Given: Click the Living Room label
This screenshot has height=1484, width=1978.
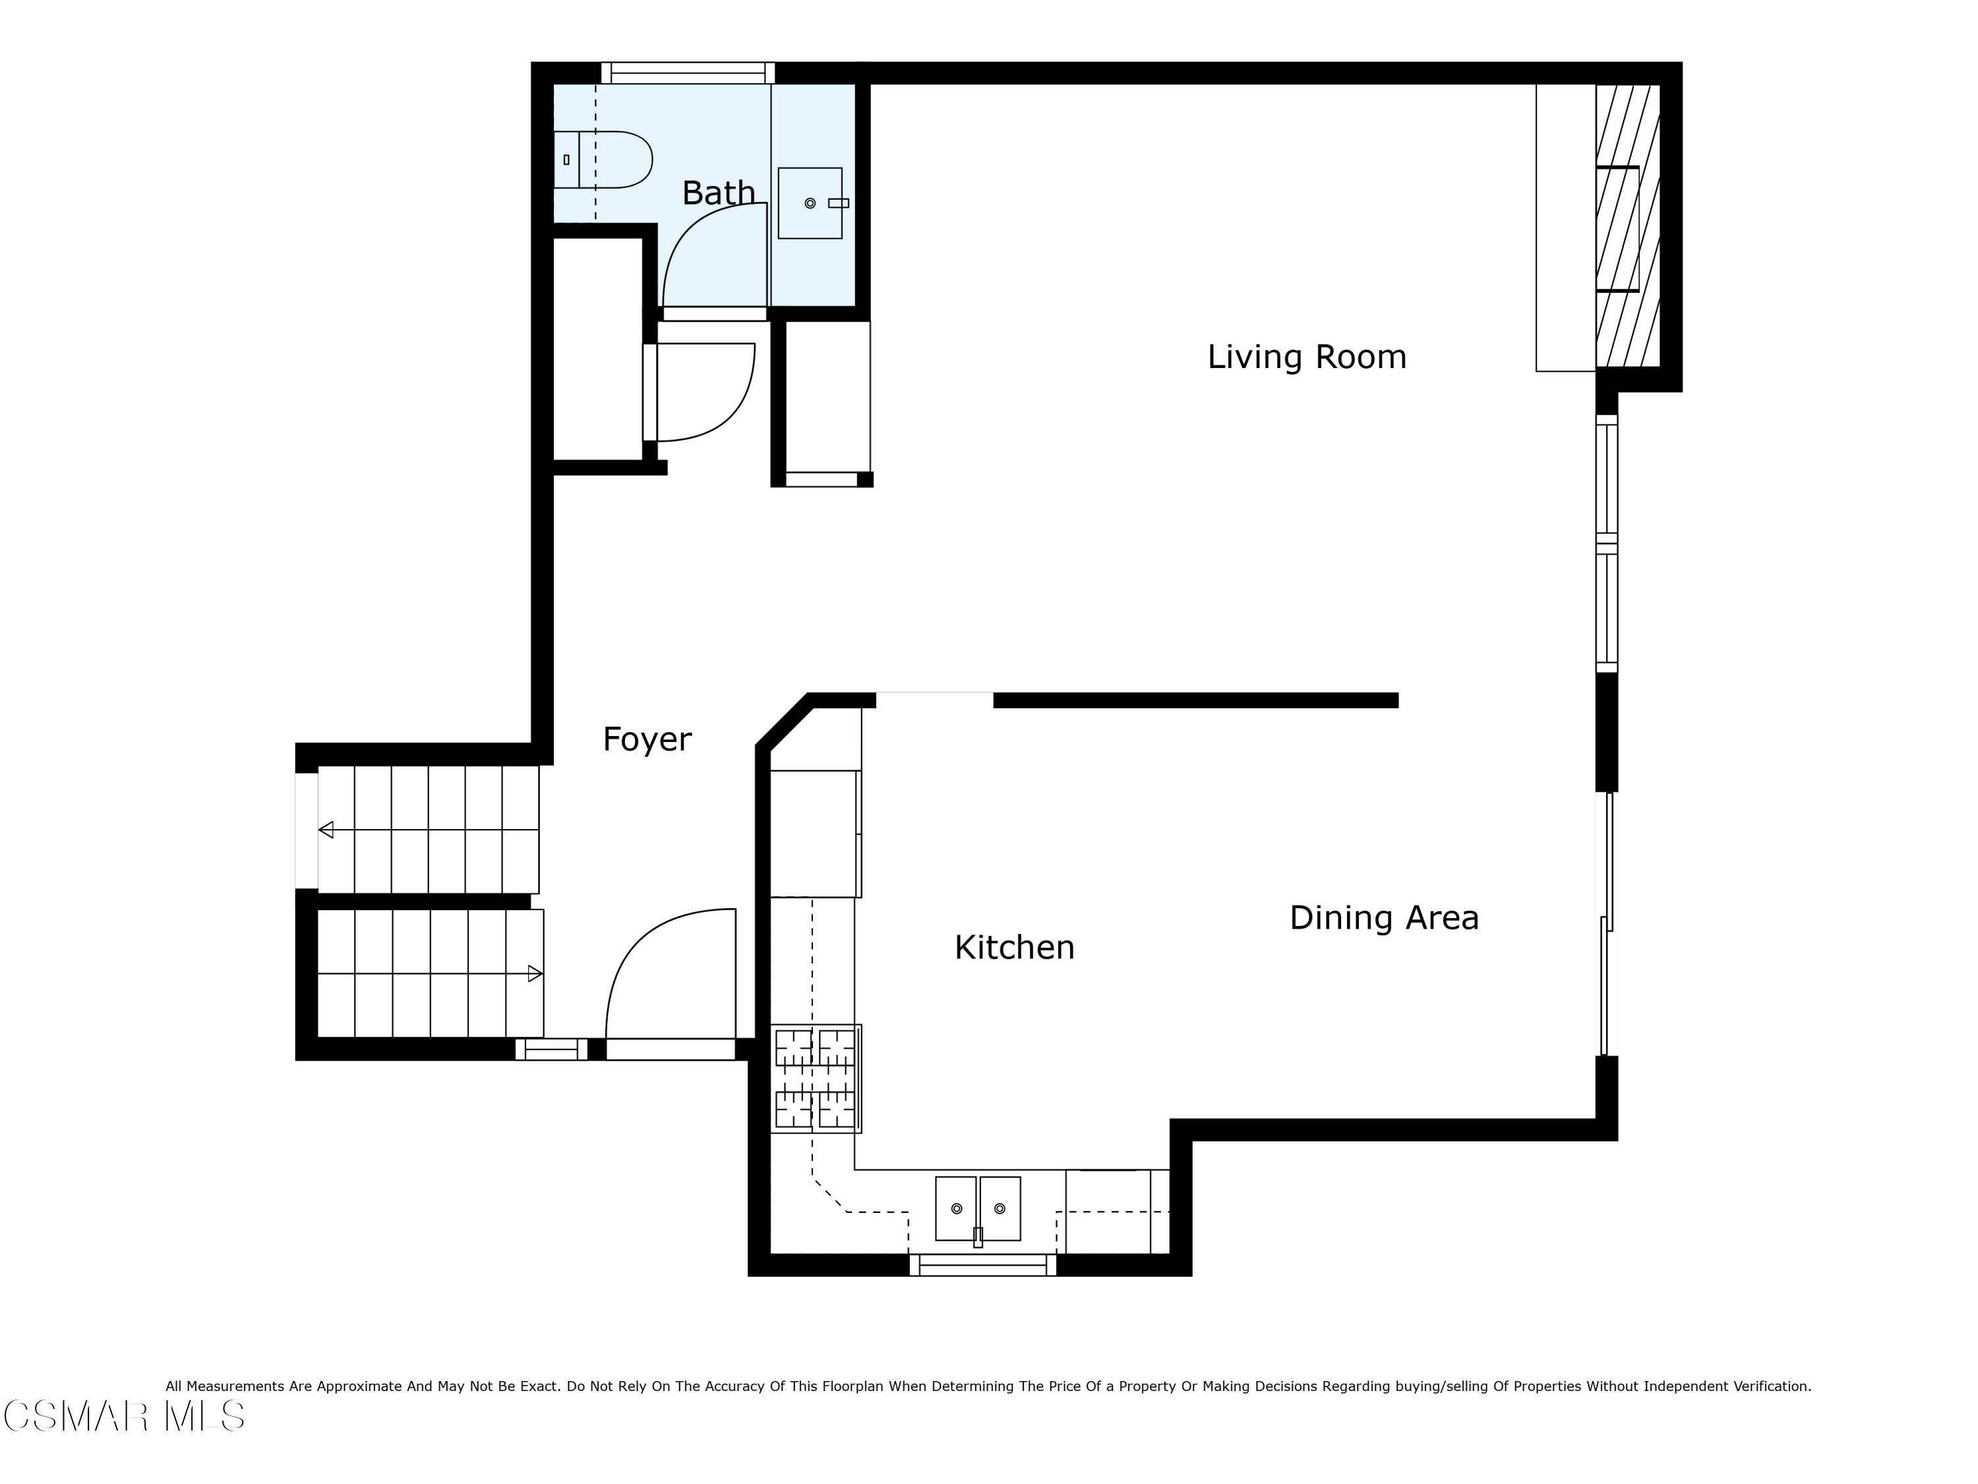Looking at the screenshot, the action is click(1306, 357).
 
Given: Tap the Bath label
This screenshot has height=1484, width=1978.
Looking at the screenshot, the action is click(718, 193).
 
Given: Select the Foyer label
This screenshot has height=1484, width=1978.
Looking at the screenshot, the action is click(647, 740).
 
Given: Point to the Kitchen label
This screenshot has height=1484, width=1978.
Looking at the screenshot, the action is click(1014, 947).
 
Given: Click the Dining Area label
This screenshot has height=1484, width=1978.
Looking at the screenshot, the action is click(1383, 918).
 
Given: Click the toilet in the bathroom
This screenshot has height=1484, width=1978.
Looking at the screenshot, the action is click(603, 159).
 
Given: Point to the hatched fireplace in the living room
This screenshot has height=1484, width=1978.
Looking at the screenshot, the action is click(1627, 226).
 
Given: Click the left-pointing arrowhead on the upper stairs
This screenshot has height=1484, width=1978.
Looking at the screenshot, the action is click(326, 830).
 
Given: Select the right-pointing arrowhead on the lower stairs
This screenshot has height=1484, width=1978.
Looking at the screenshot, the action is click(535, 974).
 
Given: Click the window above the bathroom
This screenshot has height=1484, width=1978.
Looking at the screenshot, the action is click(688, 73).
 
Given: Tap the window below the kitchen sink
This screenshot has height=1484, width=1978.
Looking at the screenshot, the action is click(983, 1265).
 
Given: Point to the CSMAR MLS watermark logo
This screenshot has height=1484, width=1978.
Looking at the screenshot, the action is click(125, 1416).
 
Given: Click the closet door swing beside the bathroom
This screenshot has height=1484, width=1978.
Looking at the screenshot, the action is click(706, 392).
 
